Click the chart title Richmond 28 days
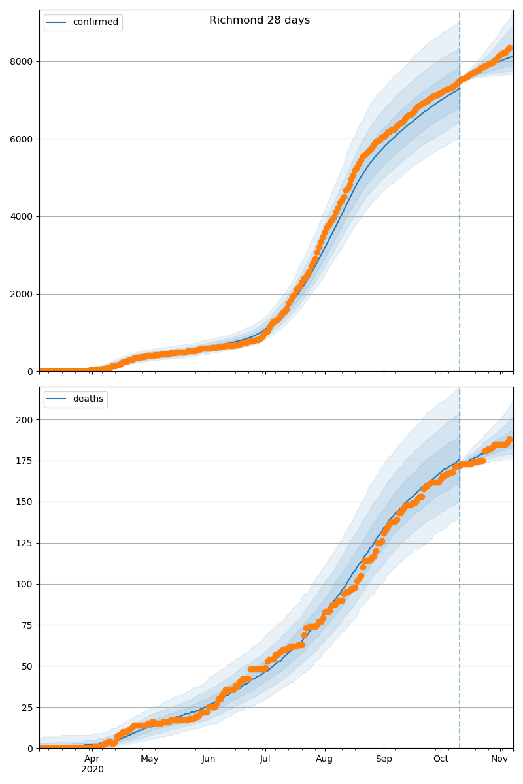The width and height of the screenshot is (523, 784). click(x=260, y=20)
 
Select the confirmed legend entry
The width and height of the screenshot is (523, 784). click(x=95, y=22)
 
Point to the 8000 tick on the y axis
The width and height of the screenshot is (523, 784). click(x=23, y=61)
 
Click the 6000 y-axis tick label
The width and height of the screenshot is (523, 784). click(x=23, y=139)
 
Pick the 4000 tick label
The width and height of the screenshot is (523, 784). click(x=23, y=216)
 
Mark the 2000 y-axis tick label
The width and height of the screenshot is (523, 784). click(x=23, y=294)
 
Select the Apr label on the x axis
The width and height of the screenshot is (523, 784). click(x=92, y=759)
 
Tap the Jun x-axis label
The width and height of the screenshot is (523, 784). click(x=209, y=759)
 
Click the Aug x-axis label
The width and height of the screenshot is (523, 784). click(x=324, y=759)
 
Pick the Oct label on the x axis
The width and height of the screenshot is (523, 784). click(x=441, y=759)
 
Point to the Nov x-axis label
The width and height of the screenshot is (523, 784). click(x=500, y=759)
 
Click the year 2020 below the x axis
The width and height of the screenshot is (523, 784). click(x=92, y=770)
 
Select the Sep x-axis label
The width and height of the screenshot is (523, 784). click(x=384, y=759)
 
